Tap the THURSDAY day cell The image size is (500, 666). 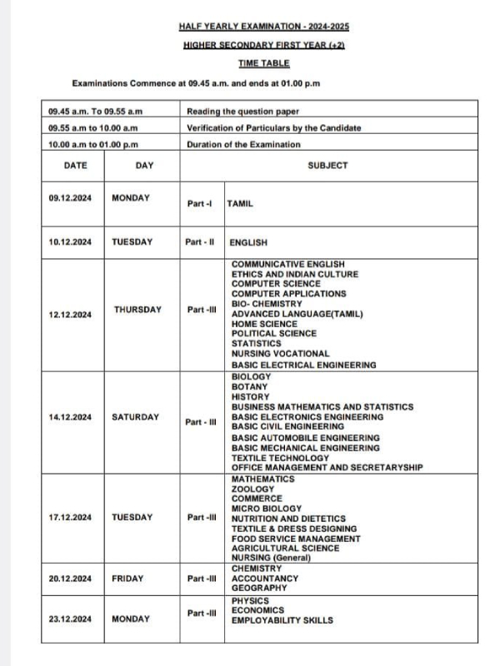pos(137,310)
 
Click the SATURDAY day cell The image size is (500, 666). pos(135,416)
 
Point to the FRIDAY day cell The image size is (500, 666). pos(127,578)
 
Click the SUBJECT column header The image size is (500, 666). pos(327,166)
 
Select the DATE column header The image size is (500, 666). pos(75,166)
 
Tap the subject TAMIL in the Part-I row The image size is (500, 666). pos(240,203)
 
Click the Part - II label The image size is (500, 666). pos(200,242)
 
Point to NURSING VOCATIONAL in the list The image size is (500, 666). pos(280,355)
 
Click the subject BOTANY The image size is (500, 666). pos(249,387)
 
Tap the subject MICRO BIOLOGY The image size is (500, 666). pos(266,509)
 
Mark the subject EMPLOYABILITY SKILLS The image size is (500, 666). pos(282,620)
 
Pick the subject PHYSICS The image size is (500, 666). pos(250,600)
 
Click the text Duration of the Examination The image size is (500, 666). pos(243,145)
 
